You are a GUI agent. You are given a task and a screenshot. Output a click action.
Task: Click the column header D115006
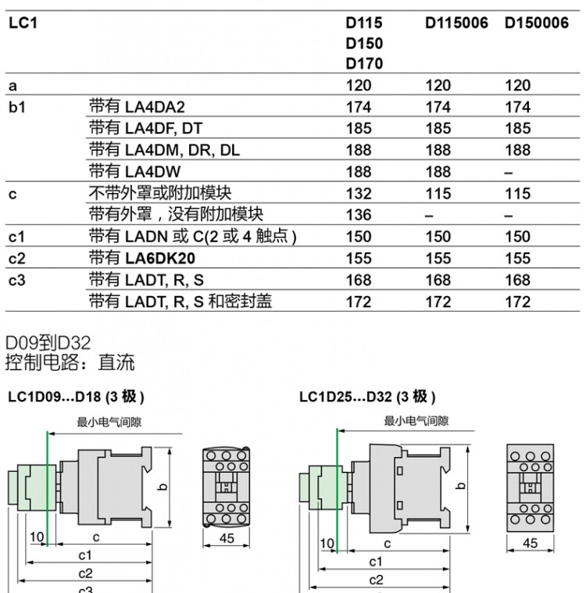click(x=456, y=23)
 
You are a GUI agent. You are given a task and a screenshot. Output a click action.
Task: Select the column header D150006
click(x=537, y=23)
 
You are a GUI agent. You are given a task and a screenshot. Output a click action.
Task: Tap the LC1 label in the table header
click(x=23, y=23)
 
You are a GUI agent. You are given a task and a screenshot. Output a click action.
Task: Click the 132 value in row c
click(x=359, y=194)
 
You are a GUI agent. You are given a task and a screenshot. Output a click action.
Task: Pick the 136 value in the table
click(x=359, y=215)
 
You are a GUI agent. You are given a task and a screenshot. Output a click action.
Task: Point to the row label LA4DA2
click(x=155, y=107)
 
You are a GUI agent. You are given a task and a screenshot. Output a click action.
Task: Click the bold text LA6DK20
click(x=160, y=259)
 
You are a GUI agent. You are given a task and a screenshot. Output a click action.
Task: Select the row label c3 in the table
click(x=17, y=280)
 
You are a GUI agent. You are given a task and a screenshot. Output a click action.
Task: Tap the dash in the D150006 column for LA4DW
click(x=509, y=173)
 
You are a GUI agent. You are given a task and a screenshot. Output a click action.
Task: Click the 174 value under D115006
click(x=438, y=107)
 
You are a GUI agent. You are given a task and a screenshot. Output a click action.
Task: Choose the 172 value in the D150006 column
click(x=517, y=302)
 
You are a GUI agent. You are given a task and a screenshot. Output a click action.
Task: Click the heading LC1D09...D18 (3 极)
click(x=76, y=397)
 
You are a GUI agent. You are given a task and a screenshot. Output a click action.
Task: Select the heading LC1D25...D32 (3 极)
click(x=367, y=397)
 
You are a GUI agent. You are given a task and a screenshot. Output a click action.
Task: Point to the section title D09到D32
click(x=48, y=343)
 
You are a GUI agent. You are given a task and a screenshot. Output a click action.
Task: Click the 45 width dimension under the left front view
click(x=227, y=538)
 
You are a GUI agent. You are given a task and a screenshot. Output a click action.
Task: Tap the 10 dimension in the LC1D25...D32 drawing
click(x=327, y=544)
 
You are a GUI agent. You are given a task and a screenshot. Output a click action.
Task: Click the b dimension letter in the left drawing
click(x=163, y=487)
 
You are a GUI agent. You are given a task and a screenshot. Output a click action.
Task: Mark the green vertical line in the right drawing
click(x=337, y=491)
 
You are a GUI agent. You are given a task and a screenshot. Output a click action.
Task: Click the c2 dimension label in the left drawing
click(x=85, y=573)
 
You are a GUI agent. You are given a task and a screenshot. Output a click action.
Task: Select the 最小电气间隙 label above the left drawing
click(x=109, y=422)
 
